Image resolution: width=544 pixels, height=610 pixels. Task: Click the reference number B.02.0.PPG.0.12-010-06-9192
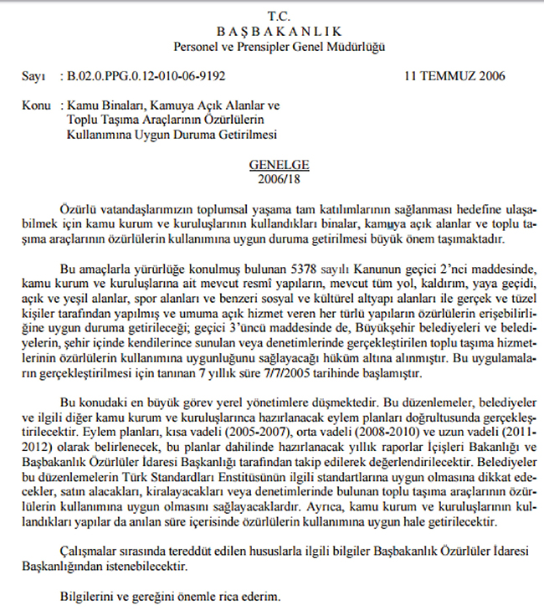click(x=144, y=77)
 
